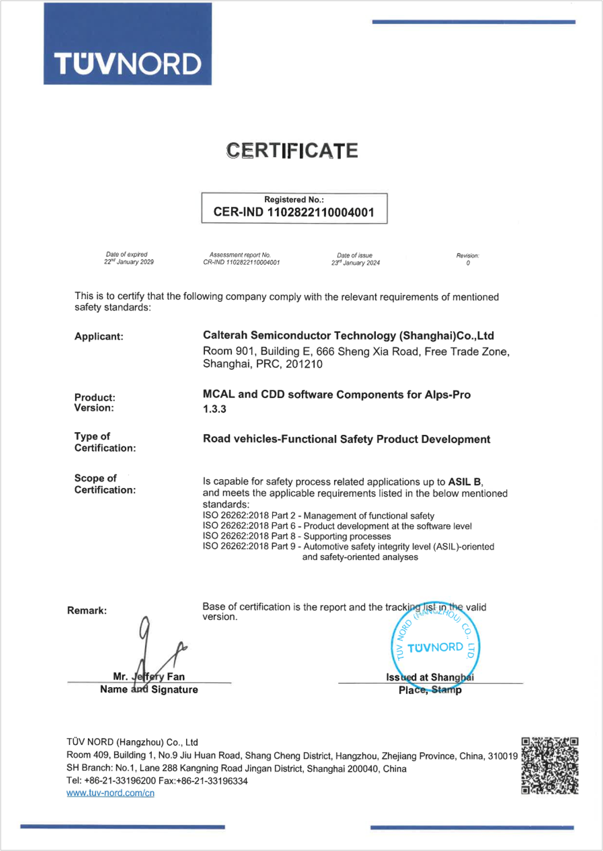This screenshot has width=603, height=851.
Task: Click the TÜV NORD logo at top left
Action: [x=127, y=45]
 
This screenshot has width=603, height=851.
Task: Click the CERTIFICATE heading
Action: [x=292, y=151]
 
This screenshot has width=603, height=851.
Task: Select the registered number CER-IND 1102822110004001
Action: [x=294, y=213]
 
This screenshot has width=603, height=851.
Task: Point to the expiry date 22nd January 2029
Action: [x=128, y=262]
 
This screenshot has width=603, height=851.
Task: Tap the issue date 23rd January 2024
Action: [x=355, y=263]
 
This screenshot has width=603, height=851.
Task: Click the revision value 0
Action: [x=468, y=263]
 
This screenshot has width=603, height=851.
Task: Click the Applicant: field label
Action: [x=99, y=337]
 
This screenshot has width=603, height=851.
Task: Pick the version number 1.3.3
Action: [x=215, y=409]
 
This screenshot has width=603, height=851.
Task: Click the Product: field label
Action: [x=95, y=397]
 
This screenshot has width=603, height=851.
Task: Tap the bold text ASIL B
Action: [x=465, y=482]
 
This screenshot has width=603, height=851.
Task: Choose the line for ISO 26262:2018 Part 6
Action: [x=337, y=526]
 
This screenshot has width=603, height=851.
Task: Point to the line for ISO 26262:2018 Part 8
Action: [x=297, y=537]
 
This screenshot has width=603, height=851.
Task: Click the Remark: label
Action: [x=87, y=611]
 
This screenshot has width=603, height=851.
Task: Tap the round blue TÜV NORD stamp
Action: [x=435, y=647]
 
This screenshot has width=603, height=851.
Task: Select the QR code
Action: [x=550, y=765]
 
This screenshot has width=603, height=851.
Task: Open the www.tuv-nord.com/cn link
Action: [x=110, y=793]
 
